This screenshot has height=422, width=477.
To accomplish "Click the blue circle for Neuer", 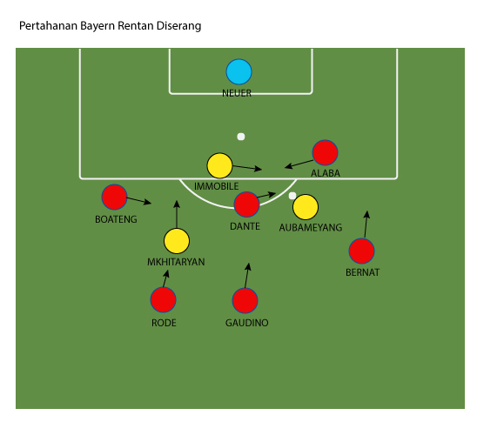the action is [x=238, y=71].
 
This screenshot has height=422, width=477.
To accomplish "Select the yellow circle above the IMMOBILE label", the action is [x=219, y=165].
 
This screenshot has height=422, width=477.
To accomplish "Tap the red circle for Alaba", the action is [x=325, y=152].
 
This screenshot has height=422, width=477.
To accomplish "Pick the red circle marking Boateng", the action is [x=114, y=197].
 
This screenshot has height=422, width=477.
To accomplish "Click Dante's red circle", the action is [x=246, y=204].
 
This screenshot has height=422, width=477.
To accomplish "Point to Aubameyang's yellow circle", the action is [x=306, y=207].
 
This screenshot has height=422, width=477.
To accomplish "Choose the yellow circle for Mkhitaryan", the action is [x=177, y=241].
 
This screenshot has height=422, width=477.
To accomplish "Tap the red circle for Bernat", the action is [x=362, y=251].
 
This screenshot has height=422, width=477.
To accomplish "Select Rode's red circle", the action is [x=163, y=300].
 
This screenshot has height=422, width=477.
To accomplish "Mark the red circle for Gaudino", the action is [x=245, y=300].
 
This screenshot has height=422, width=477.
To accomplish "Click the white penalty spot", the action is [x=241, y=137].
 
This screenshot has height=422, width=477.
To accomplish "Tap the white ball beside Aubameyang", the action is [x=292, y=196].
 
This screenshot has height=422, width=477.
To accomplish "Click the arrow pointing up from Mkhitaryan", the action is [x=177, y=214].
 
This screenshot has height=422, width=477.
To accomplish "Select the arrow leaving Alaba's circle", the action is [x=299, y=164].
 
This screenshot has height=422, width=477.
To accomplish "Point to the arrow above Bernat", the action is [x=366, y=224].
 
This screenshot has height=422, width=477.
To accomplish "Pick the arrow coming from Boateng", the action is [x=138, y=201].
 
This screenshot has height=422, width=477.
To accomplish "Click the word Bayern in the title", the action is [x=97, y=26].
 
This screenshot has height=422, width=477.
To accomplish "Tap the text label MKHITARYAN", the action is [x=176, y=262].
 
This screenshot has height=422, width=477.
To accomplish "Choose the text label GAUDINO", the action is [x=246, y=323].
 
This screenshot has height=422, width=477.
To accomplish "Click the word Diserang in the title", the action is [x=179, y=26].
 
